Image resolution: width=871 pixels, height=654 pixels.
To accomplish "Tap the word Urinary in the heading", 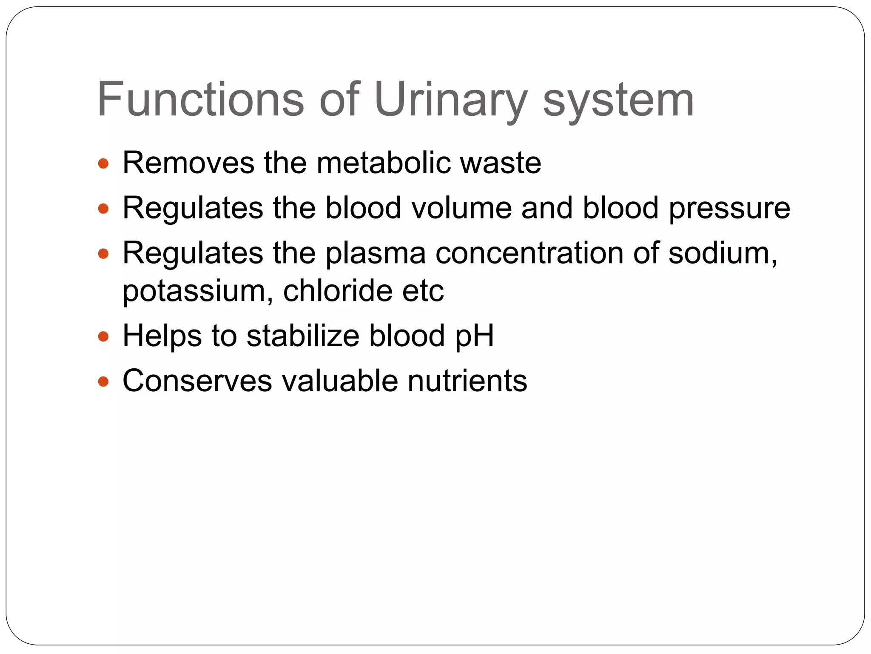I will tap(450, 100).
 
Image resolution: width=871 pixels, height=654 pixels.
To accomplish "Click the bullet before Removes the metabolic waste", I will tap(103, 163).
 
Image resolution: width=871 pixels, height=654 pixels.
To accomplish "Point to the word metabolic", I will tap(383, 163).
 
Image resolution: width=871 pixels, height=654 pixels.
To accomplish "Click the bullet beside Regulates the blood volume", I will tap(103, 209).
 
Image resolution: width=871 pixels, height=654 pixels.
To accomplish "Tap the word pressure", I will tap(729, 209).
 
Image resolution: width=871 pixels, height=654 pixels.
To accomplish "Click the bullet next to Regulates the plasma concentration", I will tap(103, 254).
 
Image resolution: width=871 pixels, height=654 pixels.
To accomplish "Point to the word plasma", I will tap(376, 254).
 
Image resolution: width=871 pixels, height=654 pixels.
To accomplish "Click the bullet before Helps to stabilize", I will tap(103, 337).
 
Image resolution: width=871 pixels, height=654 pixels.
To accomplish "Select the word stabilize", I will tap(303, 336).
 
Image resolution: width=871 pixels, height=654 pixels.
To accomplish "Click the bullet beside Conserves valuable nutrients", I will tap(103, 381).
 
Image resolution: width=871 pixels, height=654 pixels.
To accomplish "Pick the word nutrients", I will tap(467, 381).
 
